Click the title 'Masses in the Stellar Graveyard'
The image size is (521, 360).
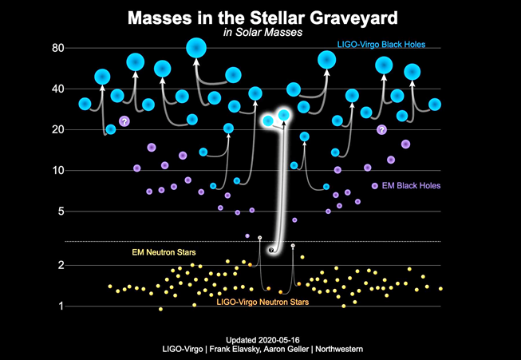tap(260, 18)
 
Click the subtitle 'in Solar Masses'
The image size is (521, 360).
tap(260, 33)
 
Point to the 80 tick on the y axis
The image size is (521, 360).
tap(57, 49)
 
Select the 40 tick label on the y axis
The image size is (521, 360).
tap(57, 89)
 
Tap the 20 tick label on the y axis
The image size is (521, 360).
tap(57, 129)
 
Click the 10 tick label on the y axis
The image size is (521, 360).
tap(57, 170)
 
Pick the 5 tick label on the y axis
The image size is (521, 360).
tap(61, 212)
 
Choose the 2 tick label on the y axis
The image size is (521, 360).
tap(61, 265)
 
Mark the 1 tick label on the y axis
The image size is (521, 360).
tap(61, 306)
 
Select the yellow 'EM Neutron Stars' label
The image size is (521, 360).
tap(164, 252)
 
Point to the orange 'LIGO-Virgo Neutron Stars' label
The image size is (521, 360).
tap(262, 302)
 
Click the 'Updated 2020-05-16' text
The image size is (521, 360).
tap(259, 338)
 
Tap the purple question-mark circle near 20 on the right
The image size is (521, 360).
tap(381, 129)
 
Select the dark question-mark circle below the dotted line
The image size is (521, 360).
tap(272, 251)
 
